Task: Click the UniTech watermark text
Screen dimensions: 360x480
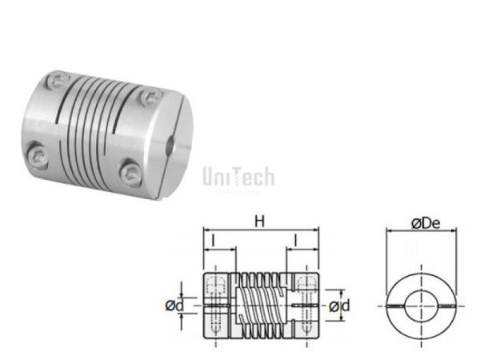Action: pos(238,176)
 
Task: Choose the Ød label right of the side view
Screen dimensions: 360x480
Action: pos(339,306)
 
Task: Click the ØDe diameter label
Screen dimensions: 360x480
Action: pos(425,223)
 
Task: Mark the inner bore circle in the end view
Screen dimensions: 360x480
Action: pos(424,306)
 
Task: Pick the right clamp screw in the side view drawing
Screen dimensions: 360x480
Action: pos(304,306)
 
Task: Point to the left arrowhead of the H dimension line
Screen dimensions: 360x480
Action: pos(205,230)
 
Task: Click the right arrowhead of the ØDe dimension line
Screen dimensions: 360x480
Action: pos(461,232)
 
